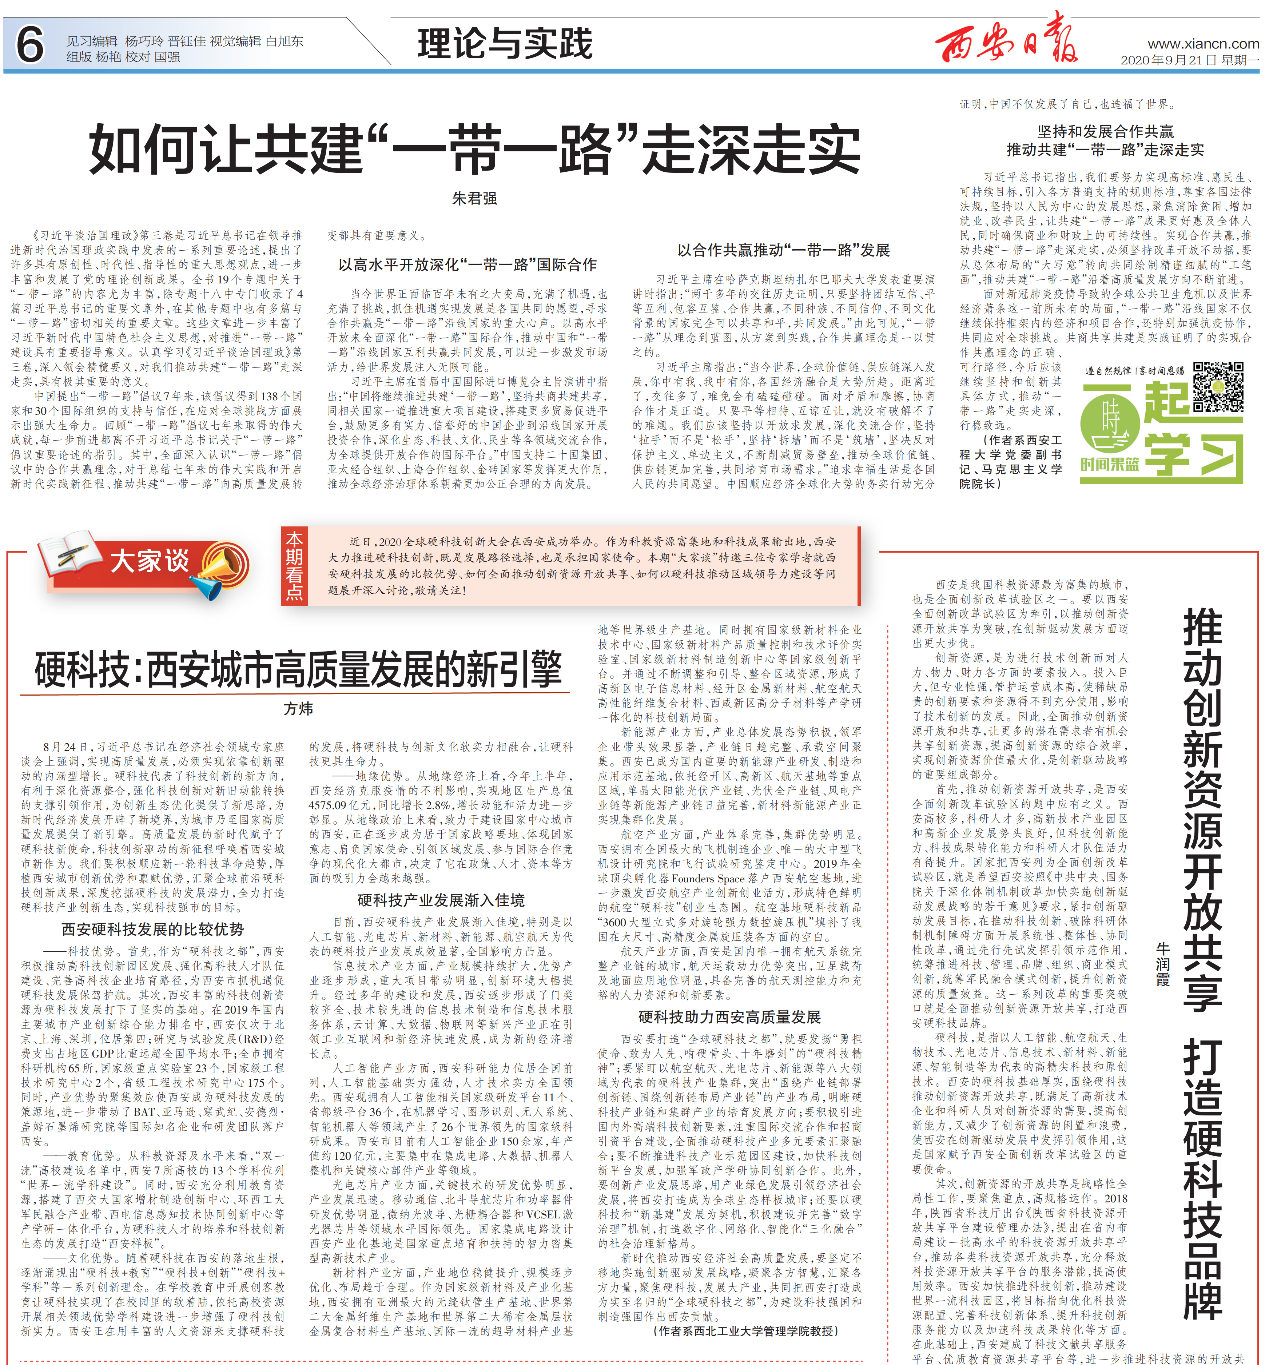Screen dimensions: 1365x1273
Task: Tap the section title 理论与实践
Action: pos(505,44)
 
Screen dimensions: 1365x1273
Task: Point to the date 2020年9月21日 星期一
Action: pos(1189,60)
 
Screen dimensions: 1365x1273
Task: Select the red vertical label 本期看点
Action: pos(294,566)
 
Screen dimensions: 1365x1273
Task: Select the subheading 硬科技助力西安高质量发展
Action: pos(729,1017)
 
